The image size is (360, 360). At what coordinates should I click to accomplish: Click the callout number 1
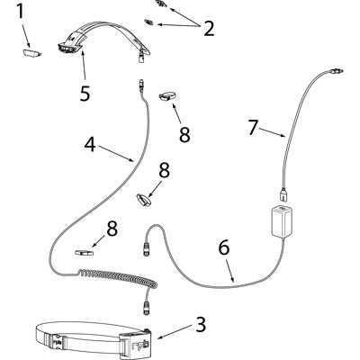click(x=20, y=12)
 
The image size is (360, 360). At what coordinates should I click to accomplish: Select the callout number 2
click(x=209, y=29)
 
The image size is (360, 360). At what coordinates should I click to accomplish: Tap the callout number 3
click(x=201, y=324)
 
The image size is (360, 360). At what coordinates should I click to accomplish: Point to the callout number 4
click(x=90, y=145)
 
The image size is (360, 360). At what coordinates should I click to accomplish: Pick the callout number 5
click(x=85, y=93)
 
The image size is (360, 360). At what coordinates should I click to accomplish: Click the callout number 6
click(x=224, y=247)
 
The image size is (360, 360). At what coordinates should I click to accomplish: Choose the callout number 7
click(x=253, y=127)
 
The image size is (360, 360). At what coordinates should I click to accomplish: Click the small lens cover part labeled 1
click(x=31, y=53)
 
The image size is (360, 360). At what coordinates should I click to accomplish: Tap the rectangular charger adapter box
click(x=282, y=221)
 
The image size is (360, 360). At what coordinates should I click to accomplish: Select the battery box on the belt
click(x=134, y=345)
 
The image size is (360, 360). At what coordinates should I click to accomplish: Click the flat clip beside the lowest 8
click(x=84, y=253)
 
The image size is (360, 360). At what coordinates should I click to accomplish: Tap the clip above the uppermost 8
click(x=166, y=96)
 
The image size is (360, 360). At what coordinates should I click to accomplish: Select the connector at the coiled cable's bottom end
click(x=146, y=307)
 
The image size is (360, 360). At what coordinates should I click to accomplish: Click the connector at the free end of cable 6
click(x=147, y=247)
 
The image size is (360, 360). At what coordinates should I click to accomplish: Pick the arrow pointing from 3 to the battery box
click(x=175, y=331)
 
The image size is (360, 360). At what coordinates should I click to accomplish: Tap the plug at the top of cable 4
click(x=141, y=85)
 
